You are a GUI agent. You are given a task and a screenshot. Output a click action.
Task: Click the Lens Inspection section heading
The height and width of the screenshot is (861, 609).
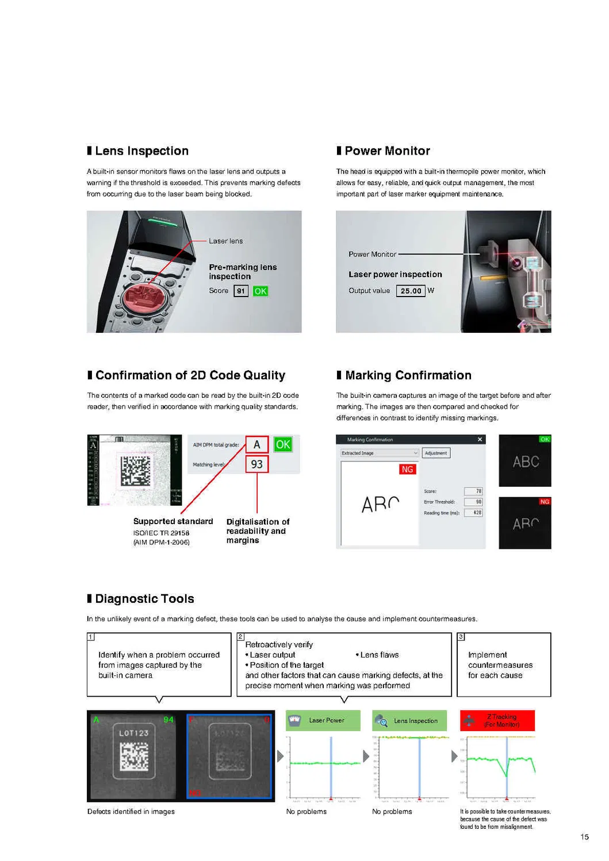point(141,151)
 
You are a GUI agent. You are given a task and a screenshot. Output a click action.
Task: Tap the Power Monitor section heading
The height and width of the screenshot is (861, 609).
point(387,151)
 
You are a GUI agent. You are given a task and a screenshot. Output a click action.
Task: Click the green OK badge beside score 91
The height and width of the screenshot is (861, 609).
point(261,291)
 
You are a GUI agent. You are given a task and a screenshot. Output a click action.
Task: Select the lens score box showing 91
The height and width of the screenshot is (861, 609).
point(241,291)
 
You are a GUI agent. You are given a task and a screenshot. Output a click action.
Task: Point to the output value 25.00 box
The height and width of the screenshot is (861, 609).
point(411,291)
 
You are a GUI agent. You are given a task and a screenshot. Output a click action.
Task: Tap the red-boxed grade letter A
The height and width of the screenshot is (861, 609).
point(257,444)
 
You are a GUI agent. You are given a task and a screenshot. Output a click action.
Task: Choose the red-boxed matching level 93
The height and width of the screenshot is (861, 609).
point(257,464)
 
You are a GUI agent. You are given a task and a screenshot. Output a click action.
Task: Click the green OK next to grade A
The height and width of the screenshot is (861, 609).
point(283,444)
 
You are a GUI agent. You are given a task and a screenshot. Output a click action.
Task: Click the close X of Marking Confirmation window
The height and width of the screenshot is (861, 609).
point(480,440)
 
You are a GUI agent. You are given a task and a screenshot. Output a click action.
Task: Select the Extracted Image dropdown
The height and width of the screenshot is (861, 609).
point(380,453)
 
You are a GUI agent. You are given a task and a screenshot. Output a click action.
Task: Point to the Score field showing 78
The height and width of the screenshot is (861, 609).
point(474,491)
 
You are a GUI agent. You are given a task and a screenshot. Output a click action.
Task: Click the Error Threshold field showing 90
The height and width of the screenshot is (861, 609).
point(474,502)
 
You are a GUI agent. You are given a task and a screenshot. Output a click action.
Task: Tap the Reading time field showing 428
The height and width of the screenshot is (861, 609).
point(474,513)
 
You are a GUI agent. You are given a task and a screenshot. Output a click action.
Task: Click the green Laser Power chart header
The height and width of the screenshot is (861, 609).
point(323,720)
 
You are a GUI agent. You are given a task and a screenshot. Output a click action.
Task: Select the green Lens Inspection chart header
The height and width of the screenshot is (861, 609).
point(409,721)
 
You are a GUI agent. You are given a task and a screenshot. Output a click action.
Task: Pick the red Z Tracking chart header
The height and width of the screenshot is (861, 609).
point(497,720)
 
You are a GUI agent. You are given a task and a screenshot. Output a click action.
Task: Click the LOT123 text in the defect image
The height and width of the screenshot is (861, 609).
point(134,733)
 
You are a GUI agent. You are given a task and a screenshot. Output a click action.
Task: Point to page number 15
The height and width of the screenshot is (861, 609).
point(584,837)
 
